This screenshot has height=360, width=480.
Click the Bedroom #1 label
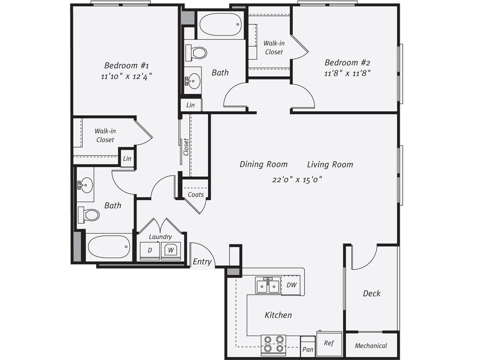click(x=126, y=65)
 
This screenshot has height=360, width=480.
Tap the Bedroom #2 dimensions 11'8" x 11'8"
click(x=347, y=73)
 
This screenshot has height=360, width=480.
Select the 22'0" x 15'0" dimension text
click(x=297, y=179)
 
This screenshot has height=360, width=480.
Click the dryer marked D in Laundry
click(x=150, y=250)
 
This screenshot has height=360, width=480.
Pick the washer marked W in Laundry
click(x=171, y=250)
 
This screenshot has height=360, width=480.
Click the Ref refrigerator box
click(x=329, y=343)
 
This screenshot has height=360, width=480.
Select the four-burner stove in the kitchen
click(x=273, y=344)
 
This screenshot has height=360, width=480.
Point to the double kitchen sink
click(x=268, y=285)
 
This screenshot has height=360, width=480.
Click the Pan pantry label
click(x=308, y=349)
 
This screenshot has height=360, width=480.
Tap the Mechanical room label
click(x=371, y=345)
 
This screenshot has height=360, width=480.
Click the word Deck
click(x=372, y=293)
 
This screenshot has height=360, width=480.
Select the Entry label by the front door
click(x=202, y=261)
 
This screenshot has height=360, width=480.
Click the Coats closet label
click(x=195, y=195)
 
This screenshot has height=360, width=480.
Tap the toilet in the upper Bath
click(x=197, y=53)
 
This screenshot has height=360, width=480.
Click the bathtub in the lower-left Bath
click(x=109, y=247)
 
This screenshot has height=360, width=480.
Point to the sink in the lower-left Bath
click(x=85, y=185)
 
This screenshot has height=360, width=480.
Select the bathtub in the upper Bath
click(x=220, y=25)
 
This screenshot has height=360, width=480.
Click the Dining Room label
click(x=263, y=164)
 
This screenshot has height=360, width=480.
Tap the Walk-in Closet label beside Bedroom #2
click(x=273, y=47)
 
